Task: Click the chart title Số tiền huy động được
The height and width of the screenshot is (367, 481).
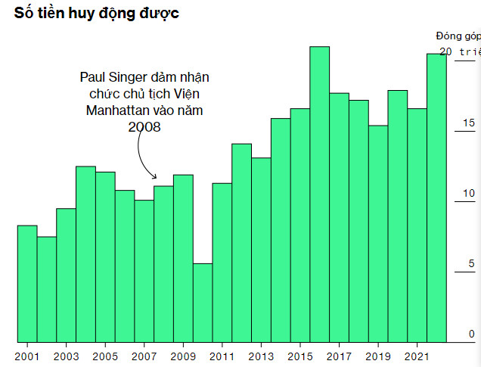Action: click(97, 13)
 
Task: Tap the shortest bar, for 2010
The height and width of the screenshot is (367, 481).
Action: click(202, 303)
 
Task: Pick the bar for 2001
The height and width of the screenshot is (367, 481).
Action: click(27, 283)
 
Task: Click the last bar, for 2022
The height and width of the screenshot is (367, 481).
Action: click(436, 197)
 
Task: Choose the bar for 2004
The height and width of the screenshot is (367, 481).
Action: click(85, 253)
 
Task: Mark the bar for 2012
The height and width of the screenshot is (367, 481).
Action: click(241, 242)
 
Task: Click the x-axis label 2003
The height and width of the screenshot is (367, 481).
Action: click(66, 356)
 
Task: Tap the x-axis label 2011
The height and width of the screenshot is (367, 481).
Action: click(222, 356)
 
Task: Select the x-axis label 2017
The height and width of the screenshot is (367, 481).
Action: click(339, 356)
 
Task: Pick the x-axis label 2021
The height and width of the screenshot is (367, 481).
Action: click(417, 356)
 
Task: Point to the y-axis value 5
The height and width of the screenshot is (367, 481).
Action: click(471, 264)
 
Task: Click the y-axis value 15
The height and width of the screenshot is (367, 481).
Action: click(469, 123)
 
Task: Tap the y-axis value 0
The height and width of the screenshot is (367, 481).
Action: click(471, 334)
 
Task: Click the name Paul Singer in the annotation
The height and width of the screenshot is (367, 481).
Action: click(113, 77)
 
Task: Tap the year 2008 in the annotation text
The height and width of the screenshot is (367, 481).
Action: click(144, 127)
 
